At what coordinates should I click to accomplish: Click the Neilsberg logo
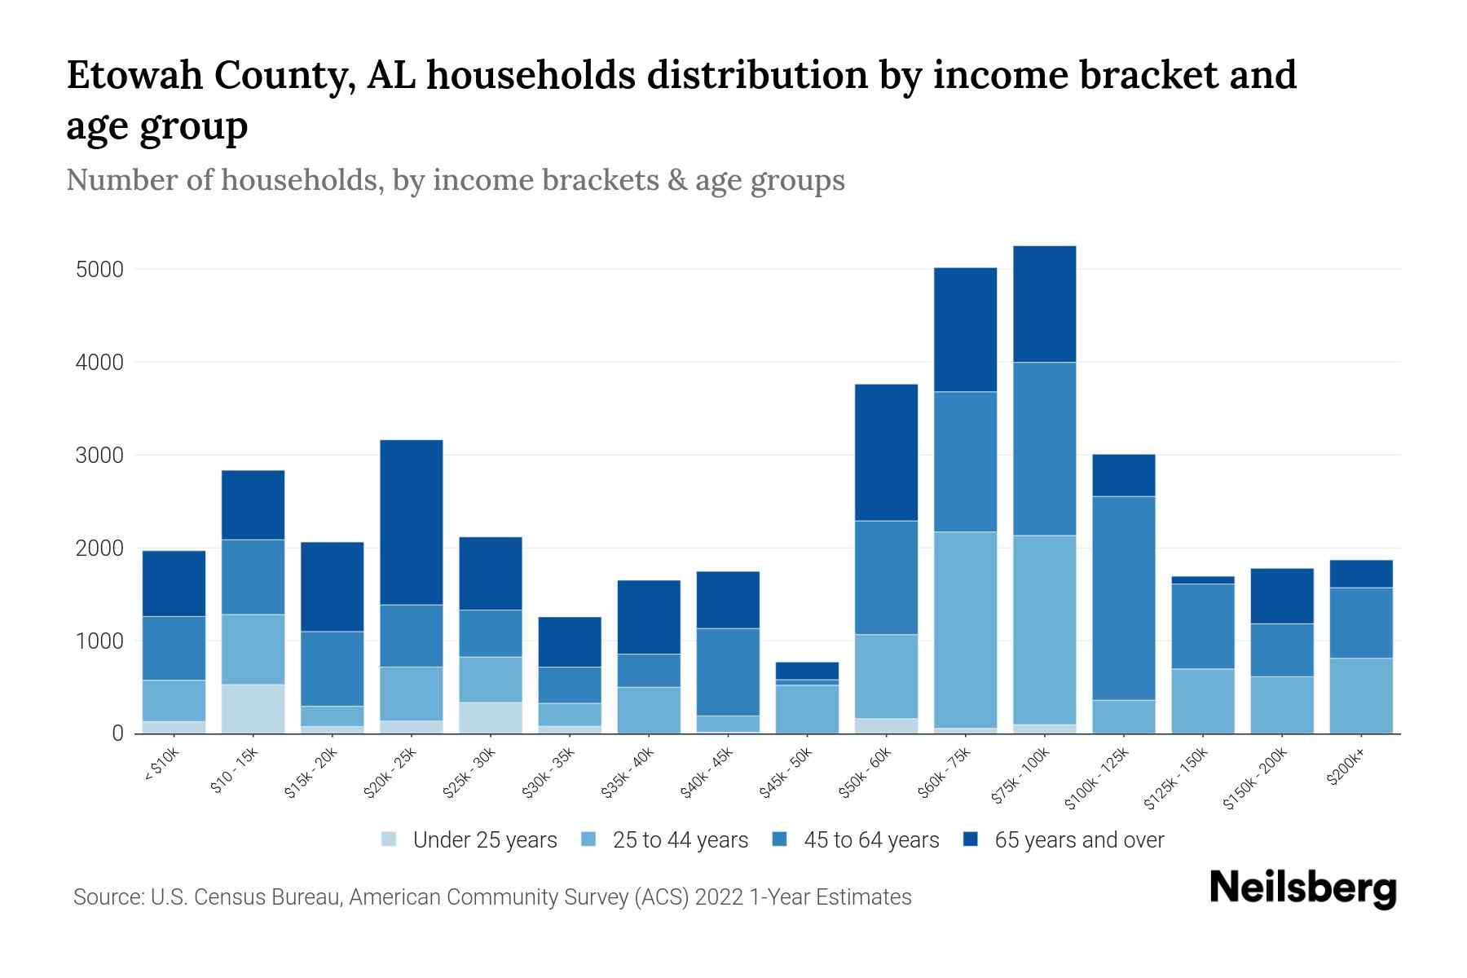coord(1302,888)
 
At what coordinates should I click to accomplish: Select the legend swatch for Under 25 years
coord(390,839)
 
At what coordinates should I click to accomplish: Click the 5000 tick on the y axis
coord(99,270)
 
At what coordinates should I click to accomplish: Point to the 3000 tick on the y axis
coord(99,456)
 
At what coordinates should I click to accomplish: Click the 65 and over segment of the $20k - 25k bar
coord(412,522)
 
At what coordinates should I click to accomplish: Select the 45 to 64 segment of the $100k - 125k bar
coord(1123,597)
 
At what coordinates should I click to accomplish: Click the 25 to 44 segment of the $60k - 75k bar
coord(965,629)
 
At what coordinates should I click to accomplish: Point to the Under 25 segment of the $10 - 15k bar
coord(253,708)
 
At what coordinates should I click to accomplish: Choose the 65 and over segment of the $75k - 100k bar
coord(1044,303)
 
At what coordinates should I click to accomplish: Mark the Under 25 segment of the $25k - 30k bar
coord(491,717)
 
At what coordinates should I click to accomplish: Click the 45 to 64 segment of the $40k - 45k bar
coord(728,672)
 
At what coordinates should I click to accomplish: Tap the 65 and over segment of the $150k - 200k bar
coord(1281,596)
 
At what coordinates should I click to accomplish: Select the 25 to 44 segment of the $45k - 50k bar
coord(807,708)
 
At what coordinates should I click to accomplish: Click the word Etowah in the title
coord(134,75)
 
